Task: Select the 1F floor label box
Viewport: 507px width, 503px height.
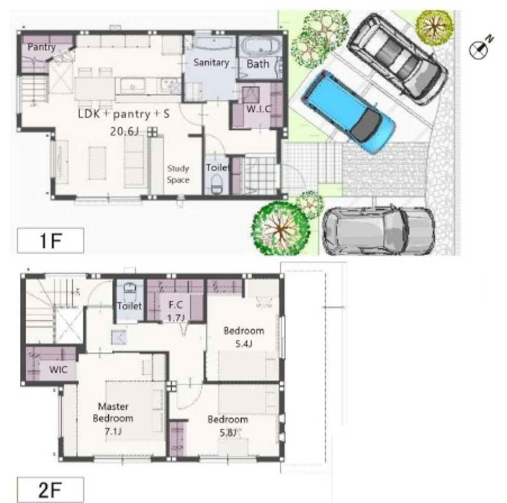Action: [x=50, y=240]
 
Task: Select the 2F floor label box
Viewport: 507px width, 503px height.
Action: [x=50, y=489]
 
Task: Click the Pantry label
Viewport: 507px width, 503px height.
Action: [x=42, y=47]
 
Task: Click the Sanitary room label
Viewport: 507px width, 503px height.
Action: [x=211, y=62]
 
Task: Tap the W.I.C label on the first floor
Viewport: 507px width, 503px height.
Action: [x=259, y=109]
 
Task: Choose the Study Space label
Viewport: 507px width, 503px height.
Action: [x=178, y=174]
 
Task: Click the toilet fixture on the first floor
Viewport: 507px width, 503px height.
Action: [x=216, y=185]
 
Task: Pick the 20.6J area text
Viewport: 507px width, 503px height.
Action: [x=125, y=131]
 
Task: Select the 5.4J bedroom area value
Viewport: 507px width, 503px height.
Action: [x=243, y=344]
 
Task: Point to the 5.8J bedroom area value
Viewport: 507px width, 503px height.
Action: [x=229, y=432]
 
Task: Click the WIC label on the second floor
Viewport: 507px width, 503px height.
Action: [x=58, y=369]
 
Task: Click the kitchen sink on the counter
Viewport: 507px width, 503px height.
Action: [x=132, y=86]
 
